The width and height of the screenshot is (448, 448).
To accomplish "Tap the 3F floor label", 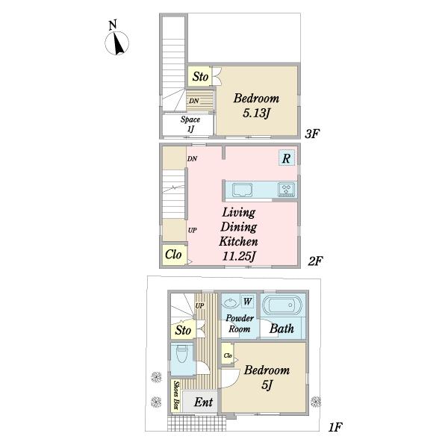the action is coord(312,134).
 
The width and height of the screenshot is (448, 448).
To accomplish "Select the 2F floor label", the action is coord(315,261).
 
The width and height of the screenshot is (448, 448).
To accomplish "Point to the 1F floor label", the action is coord(335,427).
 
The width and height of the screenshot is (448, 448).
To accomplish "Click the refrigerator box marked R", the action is coord(287,158).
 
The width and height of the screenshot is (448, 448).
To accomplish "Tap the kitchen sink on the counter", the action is coord(242,190).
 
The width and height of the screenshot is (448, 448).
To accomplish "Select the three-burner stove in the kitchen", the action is coord(286,190).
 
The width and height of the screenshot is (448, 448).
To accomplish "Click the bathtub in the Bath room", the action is coord(282,305).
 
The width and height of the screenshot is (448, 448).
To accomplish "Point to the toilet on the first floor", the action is coord(181,354).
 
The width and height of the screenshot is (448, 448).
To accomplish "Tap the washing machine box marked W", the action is coord(247,301).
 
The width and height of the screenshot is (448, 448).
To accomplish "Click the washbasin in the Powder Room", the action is coord(230,302).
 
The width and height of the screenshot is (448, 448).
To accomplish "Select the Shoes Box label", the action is coord(177,395).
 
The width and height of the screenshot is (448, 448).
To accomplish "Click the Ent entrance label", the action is coord(203,402).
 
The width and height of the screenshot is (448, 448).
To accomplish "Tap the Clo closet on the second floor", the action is coord(173,255).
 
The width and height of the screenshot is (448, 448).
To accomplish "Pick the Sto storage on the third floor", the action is coord(200,76).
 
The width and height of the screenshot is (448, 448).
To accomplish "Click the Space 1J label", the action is coord(190,124).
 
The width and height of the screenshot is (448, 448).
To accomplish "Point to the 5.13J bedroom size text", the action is coord(256,113).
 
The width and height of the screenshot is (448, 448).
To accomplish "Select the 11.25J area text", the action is coord(239,256).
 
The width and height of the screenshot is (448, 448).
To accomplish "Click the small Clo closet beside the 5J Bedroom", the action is coord(228,355).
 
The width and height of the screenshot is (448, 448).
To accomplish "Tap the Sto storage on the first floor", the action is coord(183,330).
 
